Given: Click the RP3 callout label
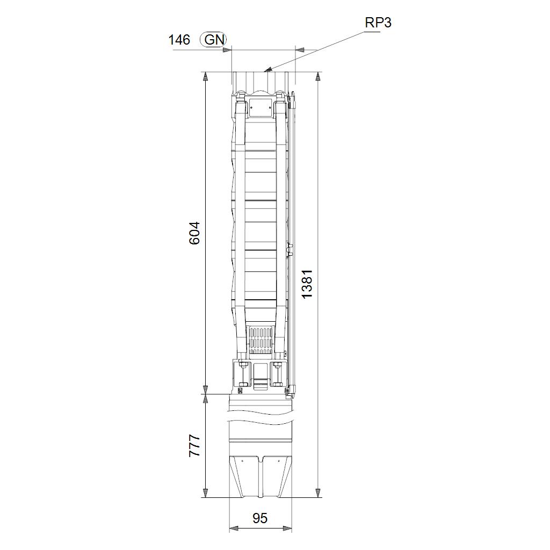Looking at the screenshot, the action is pos(378,23).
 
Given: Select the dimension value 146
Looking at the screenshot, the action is pos(179,40).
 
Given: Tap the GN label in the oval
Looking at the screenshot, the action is pos(214,40).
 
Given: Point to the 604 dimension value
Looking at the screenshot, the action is pos(194,233).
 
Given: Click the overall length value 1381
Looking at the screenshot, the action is pos(307,284).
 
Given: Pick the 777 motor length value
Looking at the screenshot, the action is pos(194,446).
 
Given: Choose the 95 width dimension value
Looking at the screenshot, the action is pos(260,518).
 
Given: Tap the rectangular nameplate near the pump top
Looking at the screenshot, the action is pos(260,107).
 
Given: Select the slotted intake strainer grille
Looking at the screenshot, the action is pos(260,341).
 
